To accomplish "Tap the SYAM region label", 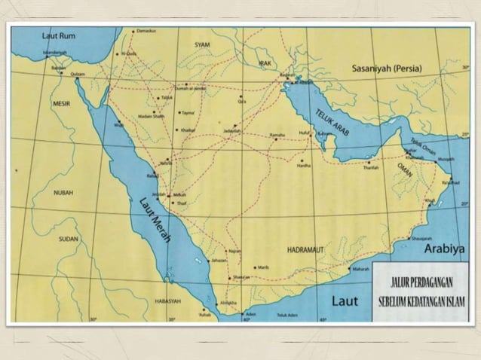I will tap(202, 45).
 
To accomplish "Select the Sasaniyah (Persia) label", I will tap(387, 69).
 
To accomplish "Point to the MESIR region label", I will tap(61, 102).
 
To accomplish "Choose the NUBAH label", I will tap(63, 193).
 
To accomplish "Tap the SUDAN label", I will tap(69, 239).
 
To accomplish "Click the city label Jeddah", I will tap(158, 194).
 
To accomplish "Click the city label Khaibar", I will tap(187, 130).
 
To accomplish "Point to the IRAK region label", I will tap(265, 64).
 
